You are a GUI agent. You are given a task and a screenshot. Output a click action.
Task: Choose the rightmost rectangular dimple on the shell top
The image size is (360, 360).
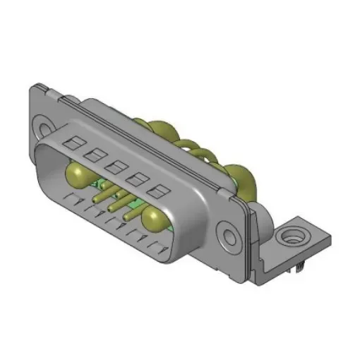[x=161, y=191]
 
